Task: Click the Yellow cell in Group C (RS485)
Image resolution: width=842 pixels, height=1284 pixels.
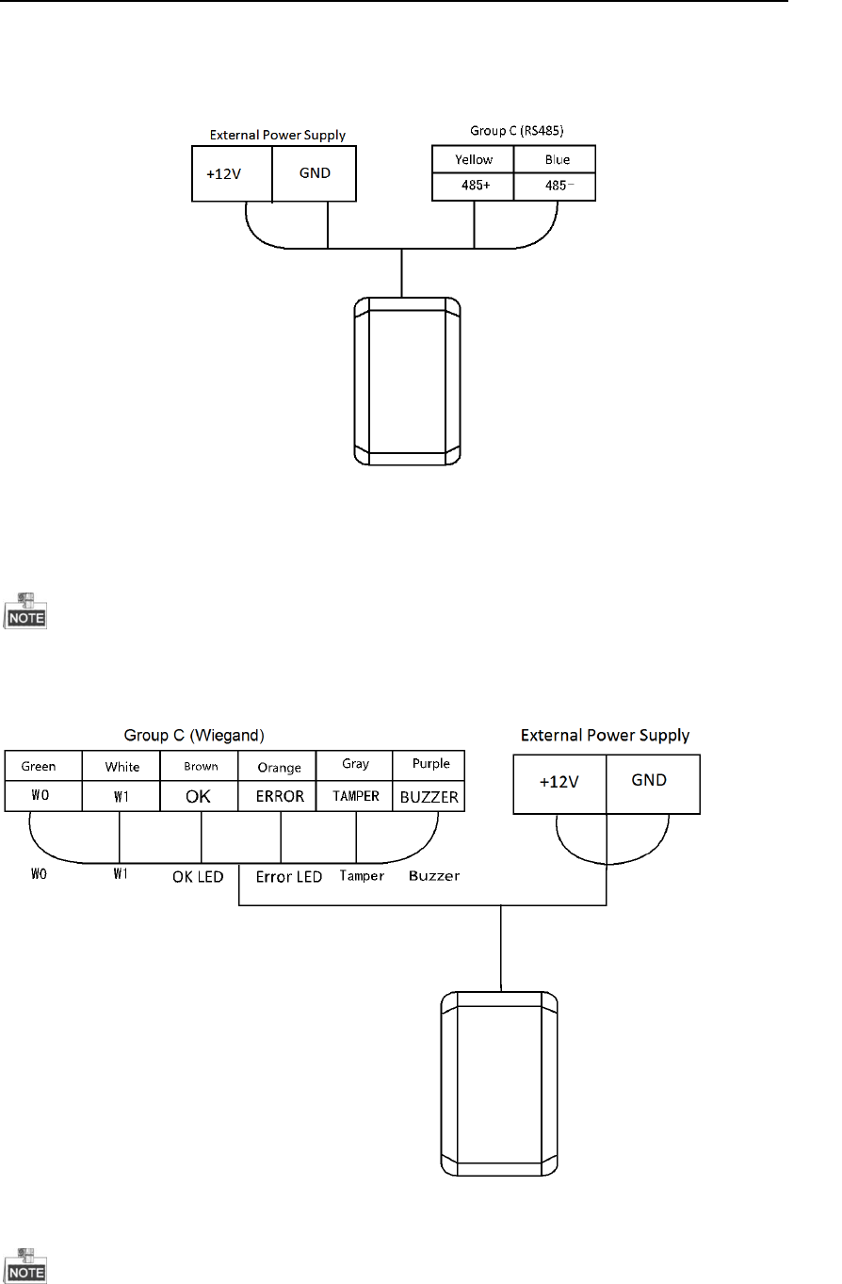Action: [474, 159]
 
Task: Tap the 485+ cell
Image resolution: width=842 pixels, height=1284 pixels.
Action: [474, 187]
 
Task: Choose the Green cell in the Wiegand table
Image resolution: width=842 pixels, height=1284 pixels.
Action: [44, 766]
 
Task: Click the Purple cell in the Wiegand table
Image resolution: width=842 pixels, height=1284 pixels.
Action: [430, 764]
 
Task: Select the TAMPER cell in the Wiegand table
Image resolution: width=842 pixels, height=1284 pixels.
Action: [354, 796]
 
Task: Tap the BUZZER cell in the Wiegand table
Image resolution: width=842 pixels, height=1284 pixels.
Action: [429, 797]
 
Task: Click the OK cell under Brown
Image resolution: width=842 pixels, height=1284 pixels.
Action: [199, 796]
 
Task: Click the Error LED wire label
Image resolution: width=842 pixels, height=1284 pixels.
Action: [289, 877]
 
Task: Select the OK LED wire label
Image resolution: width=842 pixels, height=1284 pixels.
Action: [198, 877]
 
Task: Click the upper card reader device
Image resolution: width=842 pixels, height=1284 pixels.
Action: [406, 381]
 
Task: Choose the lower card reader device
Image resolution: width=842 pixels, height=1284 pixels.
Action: [500, 1082]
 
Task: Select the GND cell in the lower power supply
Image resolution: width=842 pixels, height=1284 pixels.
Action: [653, 781]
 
